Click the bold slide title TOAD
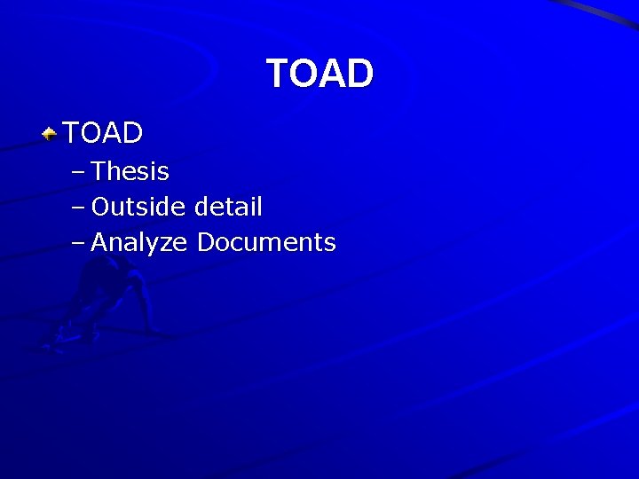click(319, 74)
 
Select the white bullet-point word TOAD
click(103, 133)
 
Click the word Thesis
click(130, 171)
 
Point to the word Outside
click(138, 207)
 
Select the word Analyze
click(139, 242)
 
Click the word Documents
click(266, 242)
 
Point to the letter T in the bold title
click(278, 74)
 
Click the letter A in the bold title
click(334, 74)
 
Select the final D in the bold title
click(360, 74)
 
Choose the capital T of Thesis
click(99, 171)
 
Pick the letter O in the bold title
click(304, 74)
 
